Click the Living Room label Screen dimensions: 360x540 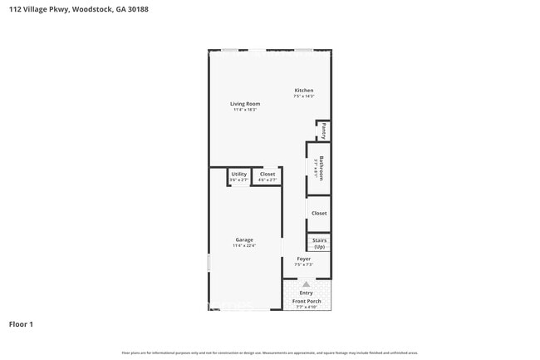(245, 104)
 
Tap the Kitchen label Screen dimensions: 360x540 (304, 90)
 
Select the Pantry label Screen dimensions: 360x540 (323, 131)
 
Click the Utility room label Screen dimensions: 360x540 (239, 174)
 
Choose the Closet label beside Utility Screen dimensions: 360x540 (268, 174)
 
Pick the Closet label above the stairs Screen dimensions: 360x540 (319, 214)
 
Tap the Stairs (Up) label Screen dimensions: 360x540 (319, 244)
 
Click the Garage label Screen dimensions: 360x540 (244, 240)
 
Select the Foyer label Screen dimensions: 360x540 (304, 259)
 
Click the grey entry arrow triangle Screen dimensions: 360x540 (306, 284)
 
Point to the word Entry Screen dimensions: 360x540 (306, 293)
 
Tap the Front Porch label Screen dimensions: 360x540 (306, 301)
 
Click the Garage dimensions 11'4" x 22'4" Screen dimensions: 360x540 (244, 246)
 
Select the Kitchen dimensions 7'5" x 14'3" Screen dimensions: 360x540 (304, 96)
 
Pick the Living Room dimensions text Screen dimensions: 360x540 (245, 110)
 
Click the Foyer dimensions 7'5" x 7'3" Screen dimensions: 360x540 (304, 264)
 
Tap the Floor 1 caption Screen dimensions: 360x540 (21, 323)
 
